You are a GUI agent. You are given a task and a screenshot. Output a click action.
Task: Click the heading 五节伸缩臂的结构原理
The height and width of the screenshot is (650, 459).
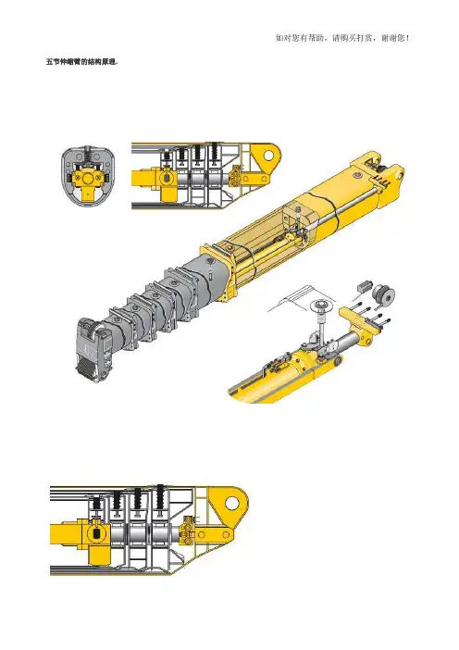(82, 62)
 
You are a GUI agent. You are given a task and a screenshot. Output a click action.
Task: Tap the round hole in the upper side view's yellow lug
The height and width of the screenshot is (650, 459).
(268, 156)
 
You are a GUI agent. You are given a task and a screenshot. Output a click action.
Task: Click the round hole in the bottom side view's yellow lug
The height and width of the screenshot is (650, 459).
(232, 503)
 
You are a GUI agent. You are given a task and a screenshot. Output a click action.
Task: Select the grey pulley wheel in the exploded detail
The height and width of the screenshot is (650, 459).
(383, 295)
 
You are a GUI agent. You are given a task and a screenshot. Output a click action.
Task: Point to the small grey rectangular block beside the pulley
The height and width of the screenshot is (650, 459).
(363, 286)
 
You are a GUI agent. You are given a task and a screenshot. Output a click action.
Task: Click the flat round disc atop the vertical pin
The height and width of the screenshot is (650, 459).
(321, 306)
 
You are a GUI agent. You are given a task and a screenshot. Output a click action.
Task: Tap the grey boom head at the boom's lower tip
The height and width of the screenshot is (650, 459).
(95, 348)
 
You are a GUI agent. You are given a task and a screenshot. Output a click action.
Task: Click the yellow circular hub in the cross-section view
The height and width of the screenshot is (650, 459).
(88, 179)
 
